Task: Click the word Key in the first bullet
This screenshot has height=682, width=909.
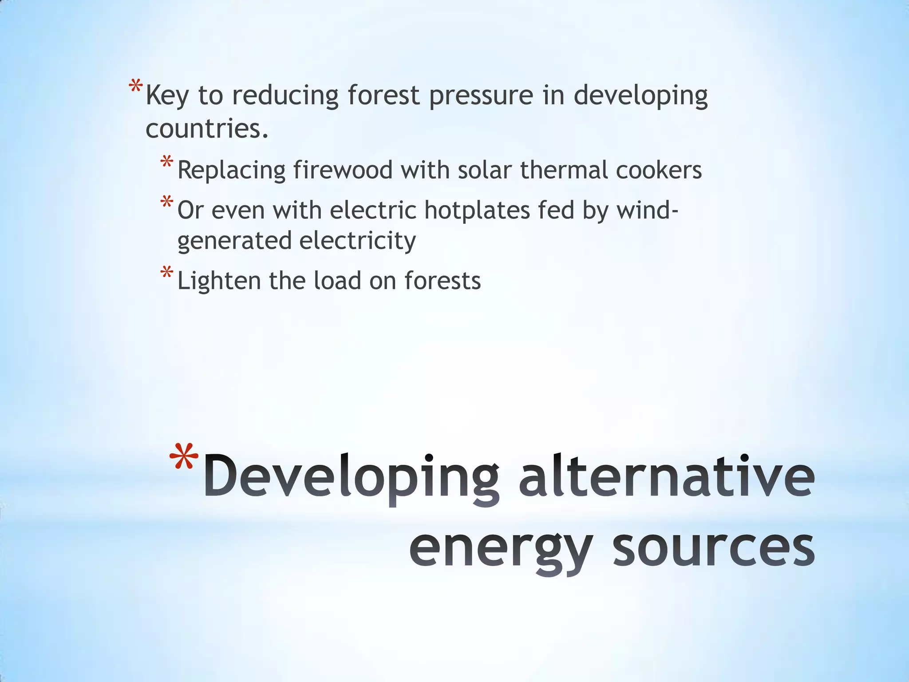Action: click(166, 96)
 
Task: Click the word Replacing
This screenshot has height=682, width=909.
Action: click(231, 170)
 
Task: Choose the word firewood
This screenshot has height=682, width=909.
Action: click(343, 170)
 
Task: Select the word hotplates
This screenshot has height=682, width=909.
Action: click(477, 210)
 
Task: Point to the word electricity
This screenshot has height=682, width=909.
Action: click(357, 242)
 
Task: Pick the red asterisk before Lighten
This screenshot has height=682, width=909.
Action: click(167, 273)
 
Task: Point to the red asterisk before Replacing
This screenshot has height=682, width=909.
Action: click(167, 162)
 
